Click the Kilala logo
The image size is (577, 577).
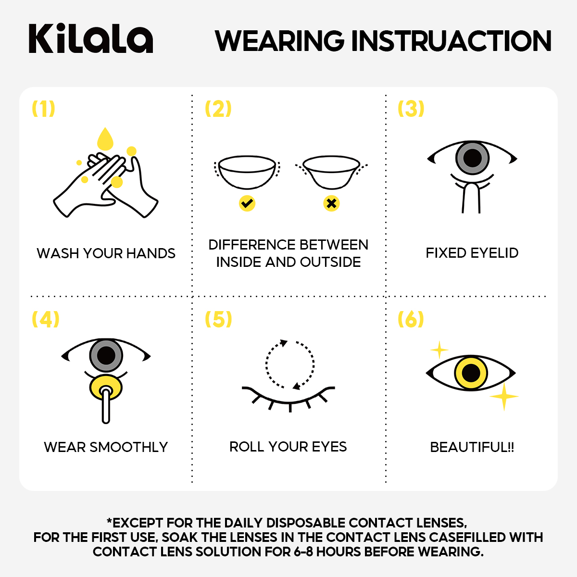click(91, 38)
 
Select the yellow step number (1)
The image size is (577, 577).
click(43, 109)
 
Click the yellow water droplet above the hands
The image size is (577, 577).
click(105, 139)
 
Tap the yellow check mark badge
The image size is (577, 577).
click(247, 203)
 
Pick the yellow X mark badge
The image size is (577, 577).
click(331, 203)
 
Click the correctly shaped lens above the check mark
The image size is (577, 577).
click(247, 171)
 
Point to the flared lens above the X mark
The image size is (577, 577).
click(332, 171)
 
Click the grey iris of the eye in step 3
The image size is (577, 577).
click(472, 158)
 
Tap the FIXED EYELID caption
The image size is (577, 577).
click(472, 253)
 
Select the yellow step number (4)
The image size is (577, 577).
click(45, 319)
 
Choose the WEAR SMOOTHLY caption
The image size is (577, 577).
click(106, 447)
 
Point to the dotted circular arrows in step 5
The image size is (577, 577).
click(290, 364)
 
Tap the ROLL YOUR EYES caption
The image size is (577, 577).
click(288, 447)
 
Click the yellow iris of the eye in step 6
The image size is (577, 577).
click(471, 373)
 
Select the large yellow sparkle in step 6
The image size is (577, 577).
click(503, 397)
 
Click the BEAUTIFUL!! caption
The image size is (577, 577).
click(472, 447)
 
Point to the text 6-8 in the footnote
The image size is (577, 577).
click(303, 552)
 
